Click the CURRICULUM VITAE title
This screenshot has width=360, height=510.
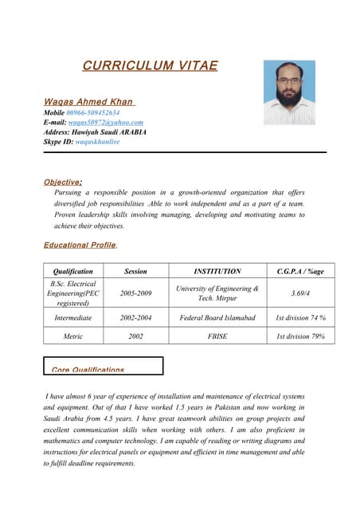click(x=150, y=66)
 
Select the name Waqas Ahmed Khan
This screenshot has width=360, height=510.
click(x=88, y=102)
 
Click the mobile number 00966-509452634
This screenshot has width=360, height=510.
click(x=93, y=113)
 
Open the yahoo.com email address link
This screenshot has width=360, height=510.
click(x=105, y=123)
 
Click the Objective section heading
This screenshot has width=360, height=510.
click(x=63, y=182)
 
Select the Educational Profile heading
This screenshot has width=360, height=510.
click(x=80, y=245)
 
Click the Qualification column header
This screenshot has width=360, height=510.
click(x=72, y=271)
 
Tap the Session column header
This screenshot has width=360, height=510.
click(x=135, y=271)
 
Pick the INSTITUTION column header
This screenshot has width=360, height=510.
click(x=217, y=271)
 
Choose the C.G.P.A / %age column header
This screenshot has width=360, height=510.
click(x=300, y=271)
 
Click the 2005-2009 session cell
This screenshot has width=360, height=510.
click(x=135, y=293)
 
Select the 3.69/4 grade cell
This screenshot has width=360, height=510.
click(x=300, y=293)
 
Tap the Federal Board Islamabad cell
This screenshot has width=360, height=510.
click(x=217, y=318)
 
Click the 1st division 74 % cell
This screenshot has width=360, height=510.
click(x=300, y=318)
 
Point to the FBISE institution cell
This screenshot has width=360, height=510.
click(x=217, y=336)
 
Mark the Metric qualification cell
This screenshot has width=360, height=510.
click(x=72, y=336)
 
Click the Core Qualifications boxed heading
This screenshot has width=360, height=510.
click(x=88, y=370)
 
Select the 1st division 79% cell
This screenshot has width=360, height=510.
click(x=300, y=336)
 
